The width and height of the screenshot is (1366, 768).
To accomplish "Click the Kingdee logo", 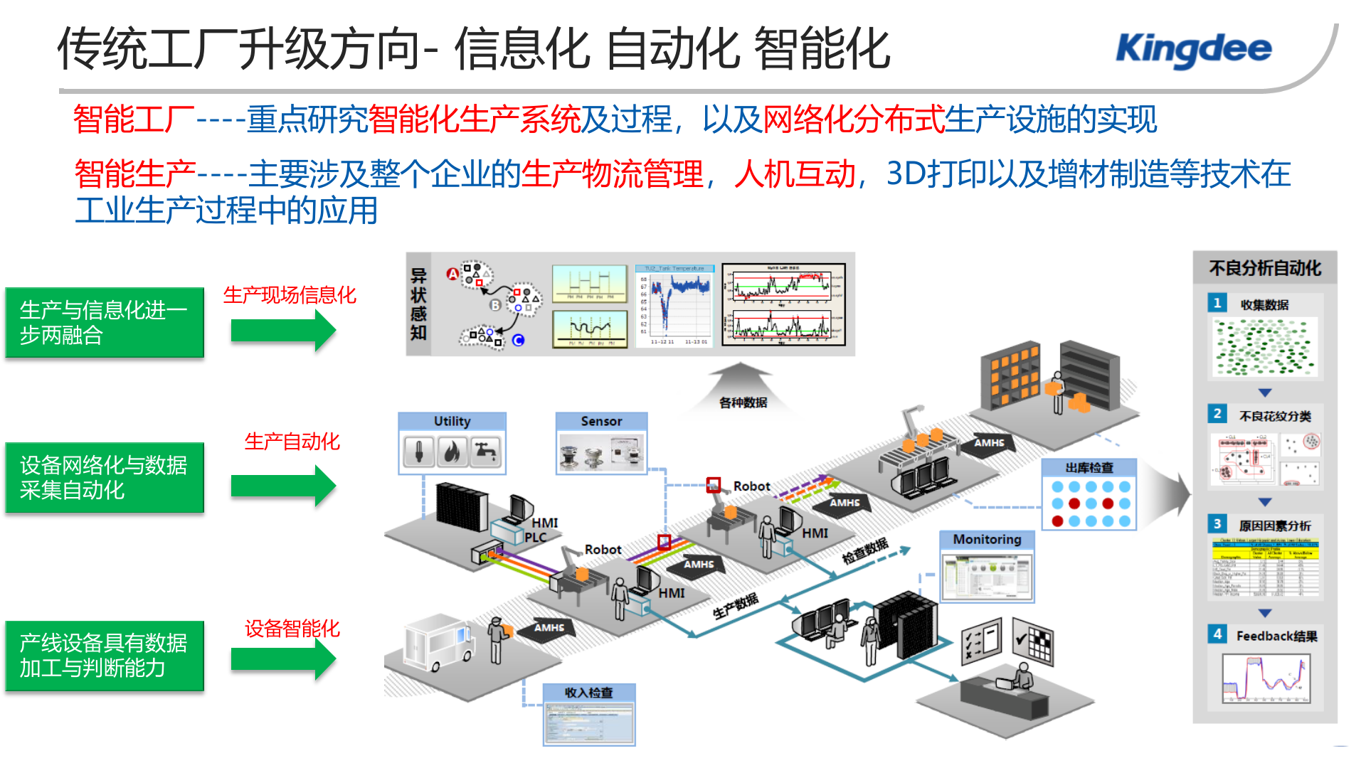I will pos(1193,50).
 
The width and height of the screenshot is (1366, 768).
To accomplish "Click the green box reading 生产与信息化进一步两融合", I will pos(105,322).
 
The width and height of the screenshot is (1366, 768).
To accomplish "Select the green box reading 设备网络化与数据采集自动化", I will pos(105,477).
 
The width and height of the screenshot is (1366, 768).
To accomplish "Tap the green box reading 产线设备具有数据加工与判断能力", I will pos(105,655).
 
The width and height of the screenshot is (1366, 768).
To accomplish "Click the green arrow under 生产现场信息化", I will pos(283,331).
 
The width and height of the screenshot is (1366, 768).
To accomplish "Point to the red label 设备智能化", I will pos(292,628).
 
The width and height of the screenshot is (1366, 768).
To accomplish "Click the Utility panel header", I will pos(452,421).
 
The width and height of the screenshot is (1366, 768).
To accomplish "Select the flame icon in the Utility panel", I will pos(452,452).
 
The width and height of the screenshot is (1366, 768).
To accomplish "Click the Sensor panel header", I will pos(601,421).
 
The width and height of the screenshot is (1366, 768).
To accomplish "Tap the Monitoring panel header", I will pos(987,540).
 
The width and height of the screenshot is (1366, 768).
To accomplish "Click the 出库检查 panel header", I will pos(1089,468).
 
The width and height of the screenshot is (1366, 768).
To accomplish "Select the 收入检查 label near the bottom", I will pos(588,693).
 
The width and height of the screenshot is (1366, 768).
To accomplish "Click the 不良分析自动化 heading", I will pos(1264,268).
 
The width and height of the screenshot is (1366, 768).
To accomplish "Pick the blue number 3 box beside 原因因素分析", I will pos(1217,524).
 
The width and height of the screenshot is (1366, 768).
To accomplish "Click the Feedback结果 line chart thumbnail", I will pos(1266,678).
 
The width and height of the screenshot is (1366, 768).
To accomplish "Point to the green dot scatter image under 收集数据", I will pos(1264,347).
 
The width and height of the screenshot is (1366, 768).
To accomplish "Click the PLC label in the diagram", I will pos(535,538).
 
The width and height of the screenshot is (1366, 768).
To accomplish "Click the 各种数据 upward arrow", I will pos(741,388).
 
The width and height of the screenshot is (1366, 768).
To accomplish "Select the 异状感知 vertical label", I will pos(418,304).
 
